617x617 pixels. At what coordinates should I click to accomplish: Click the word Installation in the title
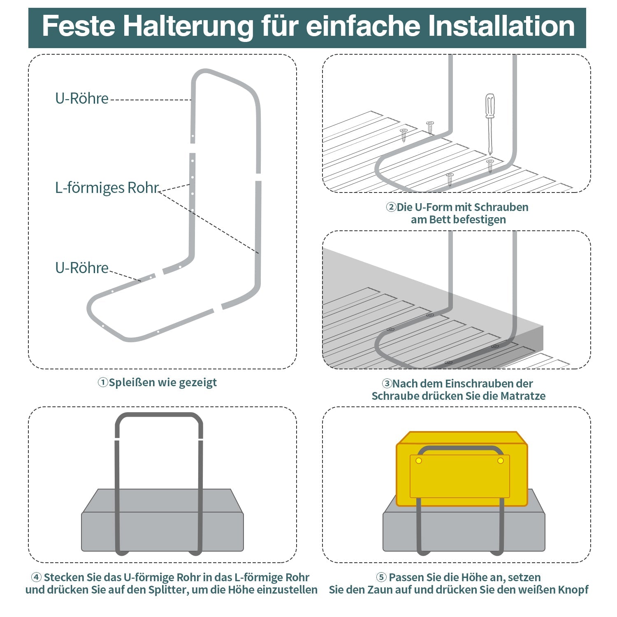pos(501,26)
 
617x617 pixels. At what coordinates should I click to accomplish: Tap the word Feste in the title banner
pos(78,26)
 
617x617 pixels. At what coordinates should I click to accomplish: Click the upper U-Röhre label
pos(82,99)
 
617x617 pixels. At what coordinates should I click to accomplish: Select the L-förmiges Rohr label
pos(107,188)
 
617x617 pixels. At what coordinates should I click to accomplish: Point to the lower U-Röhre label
pos(82,268)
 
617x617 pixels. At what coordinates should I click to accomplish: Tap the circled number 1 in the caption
pos(102,383)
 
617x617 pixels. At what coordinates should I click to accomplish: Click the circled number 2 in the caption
pos(390,207)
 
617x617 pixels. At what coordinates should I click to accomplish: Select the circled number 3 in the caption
pos(387,384)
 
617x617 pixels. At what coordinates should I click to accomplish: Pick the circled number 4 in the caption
pos(36,578)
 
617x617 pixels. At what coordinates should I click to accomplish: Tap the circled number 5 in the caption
pos(381,578)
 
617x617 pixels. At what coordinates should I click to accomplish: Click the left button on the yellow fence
pos(419,461)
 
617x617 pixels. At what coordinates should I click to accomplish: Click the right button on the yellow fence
pos(501,461)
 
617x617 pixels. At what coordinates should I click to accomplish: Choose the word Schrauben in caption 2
pos(504,207)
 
